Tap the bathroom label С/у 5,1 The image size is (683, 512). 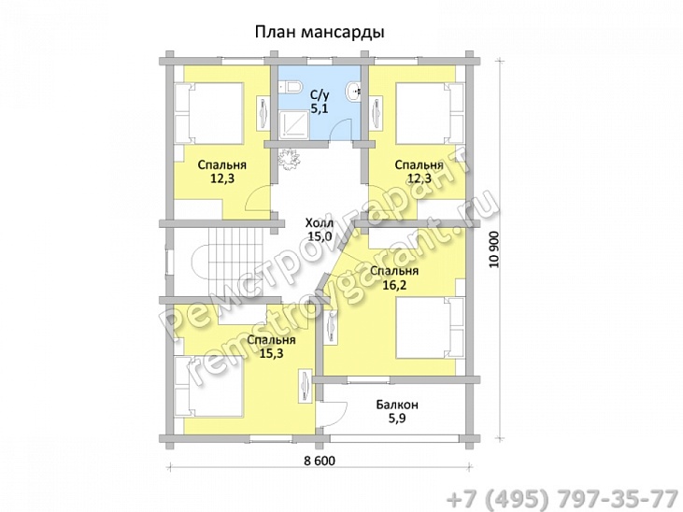click(320, 101)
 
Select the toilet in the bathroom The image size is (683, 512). click(291, 89)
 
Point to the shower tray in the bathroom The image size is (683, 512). click(292, 121)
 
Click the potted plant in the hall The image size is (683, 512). click(289, 158)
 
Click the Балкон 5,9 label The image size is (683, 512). click(397, 412)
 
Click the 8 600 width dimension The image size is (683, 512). click(320, 462)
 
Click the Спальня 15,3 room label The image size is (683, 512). click(261, 347)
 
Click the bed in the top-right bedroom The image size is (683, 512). click(429, 112)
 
